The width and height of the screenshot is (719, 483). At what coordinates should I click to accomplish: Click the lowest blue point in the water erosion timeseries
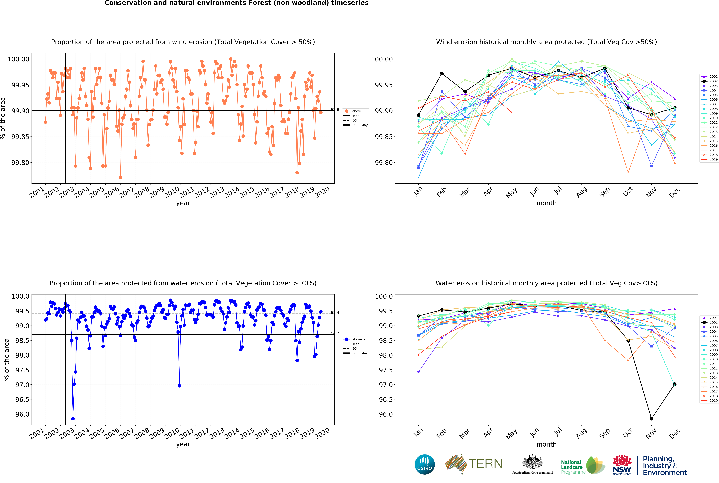pyautogui.click(x=73, y=419)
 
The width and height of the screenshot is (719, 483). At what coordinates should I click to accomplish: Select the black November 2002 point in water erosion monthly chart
pyautogui.click(x=651, y=419)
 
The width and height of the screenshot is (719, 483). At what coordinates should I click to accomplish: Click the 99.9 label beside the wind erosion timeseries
pyautogui.click(x=335, y=109)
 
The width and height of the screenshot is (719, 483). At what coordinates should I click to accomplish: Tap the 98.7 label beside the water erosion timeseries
pyautogui.click(x=335, y=333)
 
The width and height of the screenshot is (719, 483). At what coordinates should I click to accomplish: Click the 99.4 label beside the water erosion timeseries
pyautogui.click(x=335, y=312)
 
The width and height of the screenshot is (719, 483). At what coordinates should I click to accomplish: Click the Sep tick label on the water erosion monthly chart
pyautogui.click(x=604, y=433)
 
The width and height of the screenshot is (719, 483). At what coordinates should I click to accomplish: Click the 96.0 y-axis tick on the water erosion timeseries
pyautogui.click(x=22, y=414)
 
